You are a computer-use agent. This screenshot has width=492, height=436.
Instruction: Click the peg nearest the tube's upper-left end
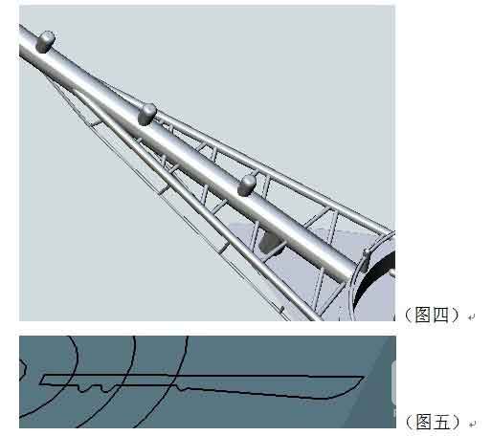(x=46, y=40)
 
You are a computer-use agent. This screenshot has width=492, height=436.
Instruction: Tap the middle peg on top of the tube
(x=146, y=114)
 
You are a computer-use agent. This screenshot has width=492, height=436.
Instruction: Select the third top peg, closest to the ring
(x=247, y=183)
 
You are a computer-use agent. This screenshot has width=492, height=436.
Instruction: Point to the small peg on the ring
(x=367, y=253)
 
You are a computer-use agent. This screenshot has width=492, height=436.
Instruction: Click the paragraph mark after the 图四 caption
(x=470, y=316)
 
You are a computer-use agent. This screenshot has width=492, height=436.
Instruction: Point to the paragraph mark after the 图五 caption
(x=470, y=423)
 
